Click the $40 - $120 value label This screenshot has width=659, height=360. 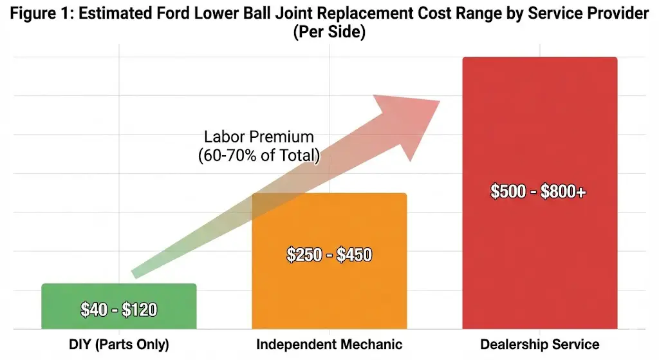click(x=118, y=310)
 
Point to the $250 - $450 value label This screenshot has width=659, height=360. click(x=329, y=254)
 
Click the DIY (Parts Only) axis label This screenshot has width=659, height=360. click(x=118, y=345)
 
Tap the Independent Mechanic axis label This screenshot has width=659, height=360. click(x=329, y=345)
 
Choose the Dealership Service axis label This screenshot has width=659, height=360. click(x=539, y=345)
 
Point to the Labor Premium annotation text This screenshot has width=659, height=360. click(x=259, y=137)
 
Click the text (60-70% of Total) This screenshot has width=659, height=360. click(x=259, y=155)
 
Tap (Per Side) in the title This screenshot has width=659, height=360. click(x=329, y=32)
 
